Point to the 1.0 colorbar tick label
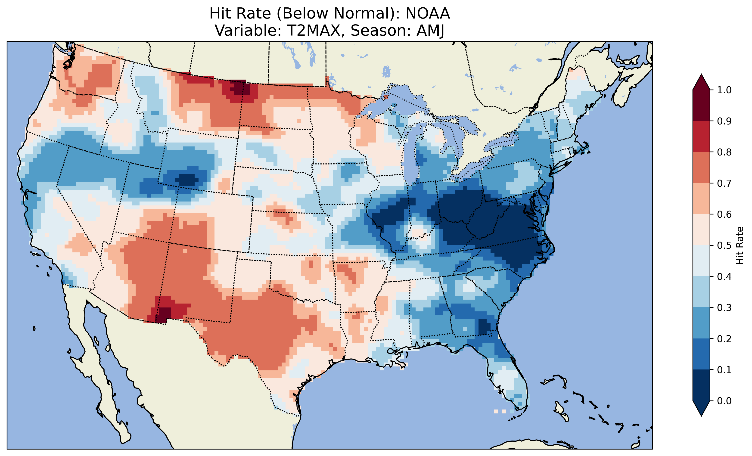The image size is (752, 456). coord(724,90)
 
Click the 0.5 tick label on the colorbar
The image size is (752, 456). coord(724,245)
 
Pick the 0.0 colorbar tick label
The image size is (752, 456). coord(724,401)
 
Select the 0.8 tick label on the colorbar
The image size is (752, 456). coord(724,152)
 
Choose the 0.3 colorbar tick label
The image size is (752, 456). coord(724,308)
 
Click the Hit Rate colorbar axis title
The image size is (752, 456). coord(740,245)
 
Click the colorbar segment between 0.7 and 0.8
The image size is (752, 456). coord(701,167)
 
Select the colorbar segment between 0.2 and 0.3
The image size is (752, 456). coord(701,323)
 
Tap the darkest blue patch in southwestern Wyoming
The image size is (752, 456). coord(186,179)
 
